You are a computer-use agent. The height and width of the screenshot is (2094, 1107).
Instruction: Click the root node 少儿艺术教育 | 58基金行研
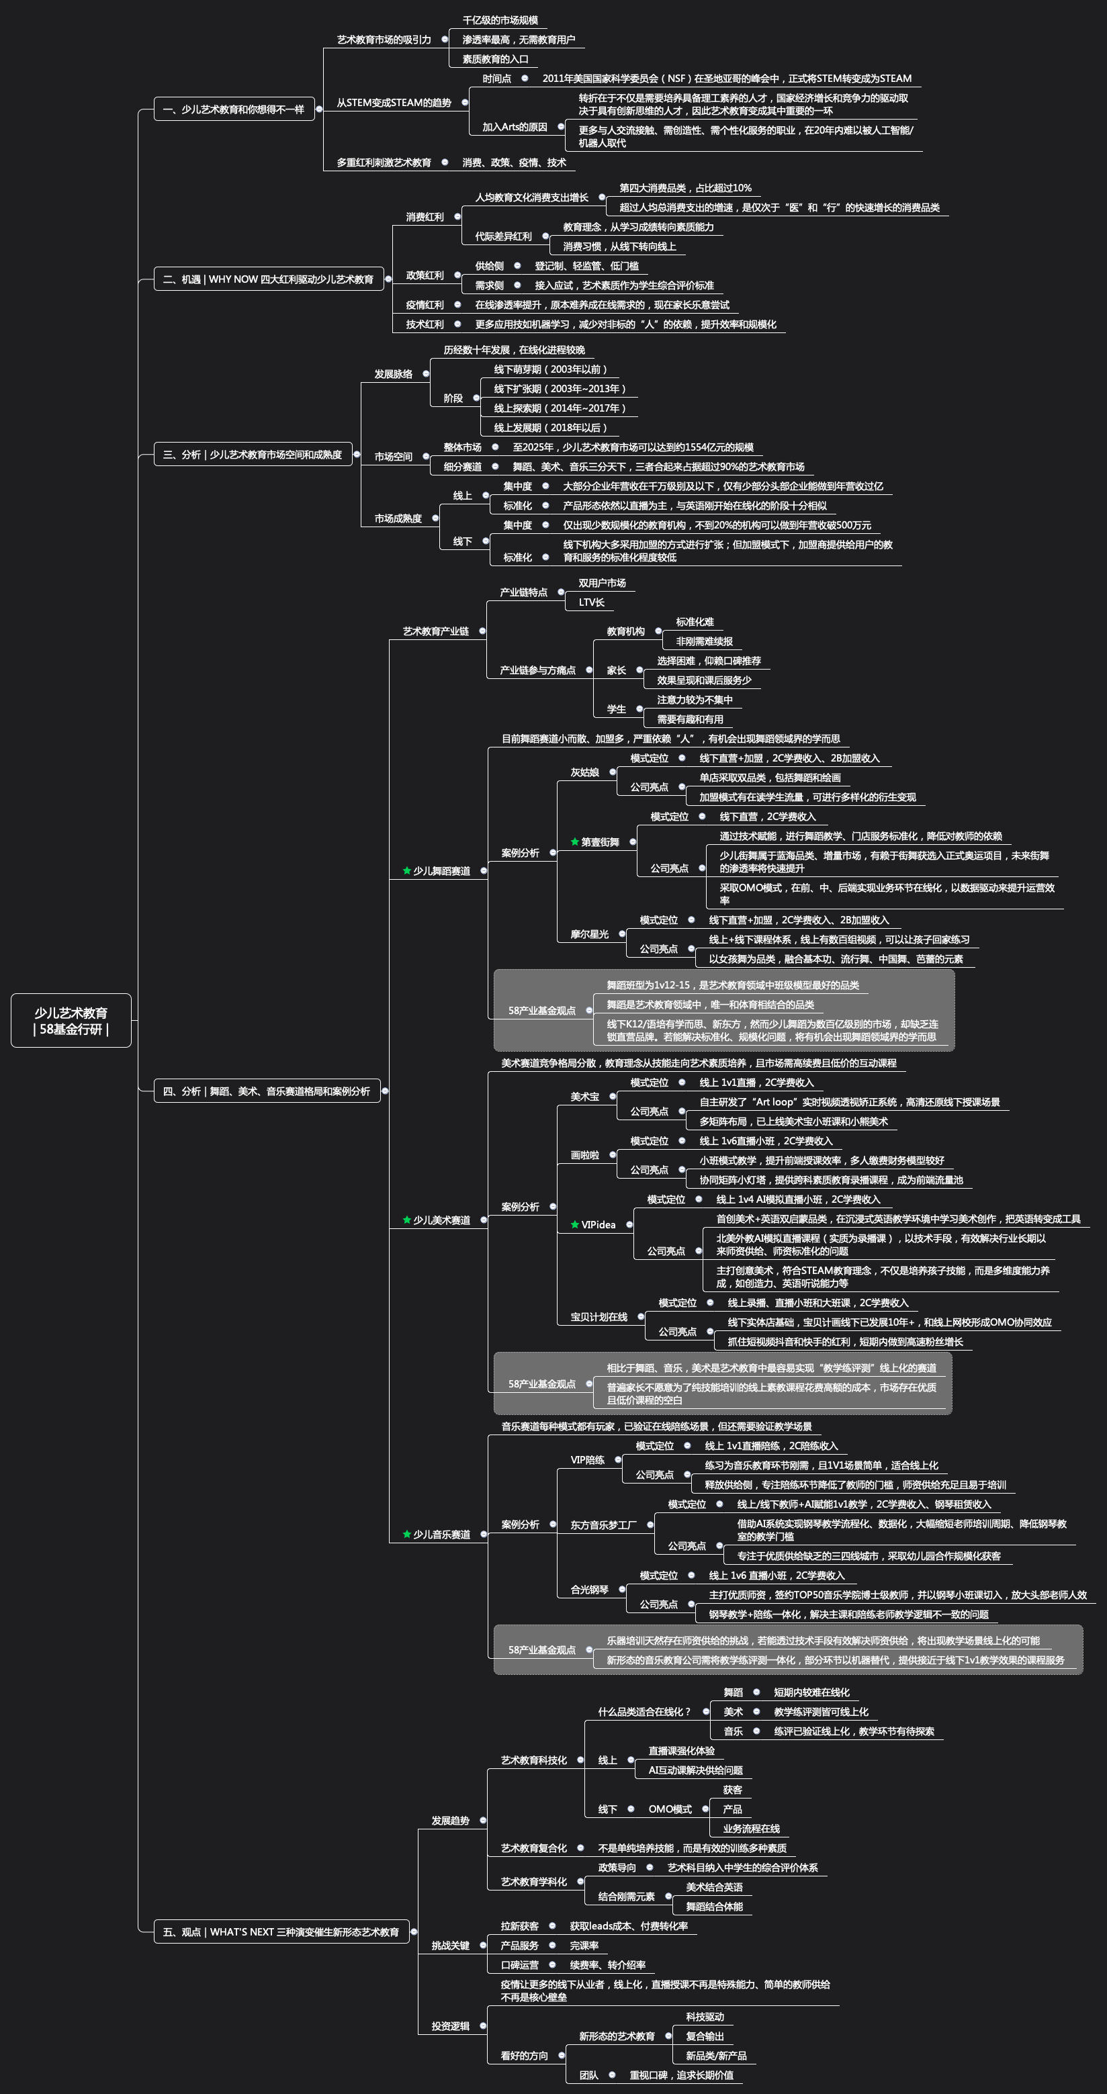(71, 1020)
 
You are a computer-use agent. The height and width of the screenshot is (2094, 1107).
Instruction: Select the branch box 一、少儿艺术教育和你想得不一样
(233, 109)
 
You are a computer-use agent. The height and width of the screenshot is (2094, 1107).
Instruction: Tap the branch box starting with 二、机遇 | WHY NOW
(267, 279)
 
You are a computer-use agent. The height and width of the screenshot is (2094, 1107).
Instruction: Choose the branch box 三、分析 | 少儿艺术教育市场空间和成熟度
(252, 455)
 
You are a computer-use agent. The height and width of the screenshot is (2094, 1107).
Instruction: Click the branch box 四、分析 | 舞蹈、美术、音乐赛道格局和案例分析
(266, 1091)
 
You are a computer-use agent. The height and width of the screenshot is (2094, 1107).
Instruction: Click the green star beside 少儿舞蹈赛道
(406, 870)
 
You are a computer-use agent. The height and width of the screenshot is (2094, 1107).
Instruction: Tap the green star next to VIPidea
(574, 1224)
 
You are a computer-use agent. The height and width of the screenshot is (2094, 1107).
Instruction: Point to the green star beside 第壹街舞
(574, 842)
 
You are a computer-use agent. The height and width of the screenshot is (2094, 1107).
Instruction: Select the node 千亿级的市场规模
(500, 20)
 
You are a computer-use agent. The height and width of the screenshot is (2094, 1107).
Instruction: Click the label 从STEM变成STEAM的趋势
(394, 103)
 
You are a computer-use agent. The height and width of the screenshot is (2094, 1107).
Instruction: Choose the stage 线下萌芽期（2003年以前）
(550, 369)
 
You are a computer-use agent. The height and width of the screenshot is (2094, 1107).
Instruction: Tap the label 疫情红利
(425, 305)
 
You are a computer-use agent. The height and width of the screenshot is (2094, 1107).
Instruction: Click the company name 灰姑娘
(584, 772)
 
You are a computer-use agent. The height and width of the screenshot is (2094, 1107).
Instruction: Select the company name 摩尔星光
(589, 934)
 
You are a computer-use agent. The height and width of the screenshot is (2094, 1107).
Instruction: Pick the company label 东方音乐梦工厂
(603, 1525)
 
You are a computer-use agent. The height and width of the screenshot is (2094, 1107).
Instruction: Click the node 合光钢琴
(589, 1589)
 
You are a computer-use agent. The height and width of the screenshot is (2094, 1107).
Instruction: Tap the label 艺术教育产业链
(436, 631)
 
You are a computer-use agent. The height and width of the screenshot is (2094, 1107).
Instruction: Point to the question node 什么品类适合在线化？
(644, 1711)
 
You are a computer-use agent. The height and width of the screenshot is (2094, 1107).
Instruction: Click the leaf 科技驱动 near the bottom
(705, 2016)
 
